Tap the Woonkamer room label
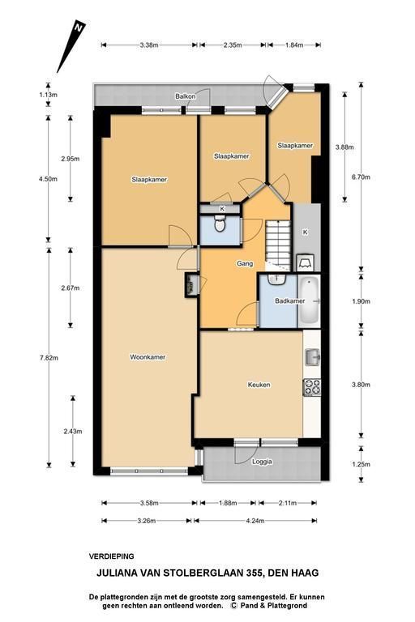click(148, 357)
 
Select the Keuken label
click(259, 385)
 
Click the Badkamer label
click(290, 301)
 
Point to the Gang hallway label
click(245, 263)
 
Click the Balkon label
click(186, 96)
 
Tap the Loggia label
click(262, 462)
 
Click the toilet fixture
click(220, 224)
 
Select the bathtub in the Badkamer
click(309, 300)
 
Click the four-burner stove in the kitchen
click(312, 387)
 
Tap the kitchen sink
click(313, 357)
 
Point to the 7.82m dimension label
click(49, 358)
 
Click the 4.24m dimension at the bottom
click(255, 521)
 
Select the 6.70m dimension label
click(361, 177)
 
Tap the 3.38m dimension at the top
click(149, 45)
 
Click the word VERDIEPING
click(112, 556)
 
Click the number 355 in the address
click(254, 573)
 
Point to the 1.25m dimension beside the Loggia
click(361, 464)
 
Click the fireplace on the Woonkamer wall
click(191, 285)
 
